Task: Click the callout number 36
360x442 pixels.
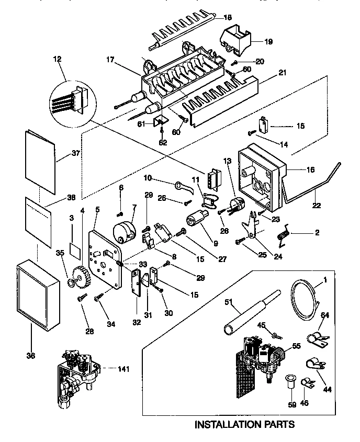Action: [x=31, y=356]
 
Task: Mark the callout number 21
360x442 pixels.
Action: [x=283, y=73]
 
